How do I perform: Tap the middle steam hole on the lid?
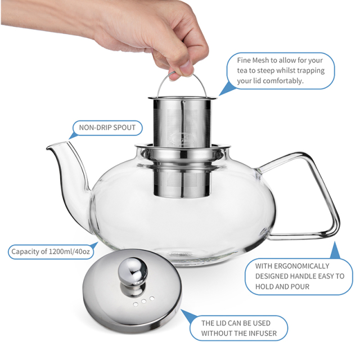[x=145, y=300]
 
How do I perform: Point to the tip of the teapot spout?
[x=49, y=147]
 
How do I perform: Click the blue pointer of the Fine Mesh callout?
[x=226, y=87]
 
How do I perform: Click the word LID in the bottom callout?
[x=226, y=323]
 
